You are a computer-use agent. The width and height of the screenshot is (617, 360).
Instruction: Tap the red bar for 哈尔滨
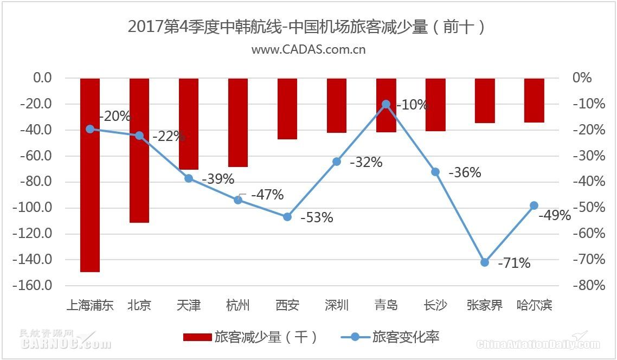(x=534, y=100)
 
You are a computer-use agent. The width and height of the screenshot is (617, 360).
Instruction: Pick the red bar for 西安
(x=287, y=108)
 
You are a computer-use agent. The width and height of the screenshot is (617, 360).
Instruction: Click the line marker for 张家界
(x=485, y=262)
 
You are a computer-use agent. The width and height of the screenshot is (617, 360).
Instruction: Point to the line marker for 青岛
(x=386, y=104)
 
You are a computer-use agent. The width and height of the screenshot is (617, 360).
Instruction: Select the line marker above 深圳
(x=337, y=162)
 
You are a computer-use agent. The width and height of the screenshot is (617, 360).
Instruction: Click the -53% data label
(x=317, y=218)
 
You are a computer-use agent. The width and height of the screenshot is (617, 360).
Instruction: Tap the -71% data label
(x=514, y=263)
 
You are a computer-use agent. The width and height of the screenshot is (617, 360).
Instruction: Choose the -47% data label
(x=267, y=195)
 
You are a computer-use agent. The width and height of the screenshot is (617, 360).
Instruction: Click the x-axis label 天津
(x=189, y=305)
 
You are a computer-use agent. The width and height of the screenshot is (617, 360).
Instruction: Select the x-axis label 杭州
(x=238, y=305)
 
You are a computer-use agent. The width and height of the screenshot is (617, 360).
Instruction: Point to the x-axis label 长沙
(x=435, y=305)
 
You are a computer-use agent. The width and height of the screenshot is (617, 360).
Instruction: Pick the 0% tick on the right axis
(x=582, y=78)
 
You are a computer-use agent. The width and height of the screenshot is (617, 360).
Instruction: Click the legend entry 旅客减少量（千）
(x=250, y=337)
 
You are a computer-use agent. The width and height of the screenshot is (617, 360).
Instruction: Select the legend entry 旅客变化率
(x=390, y=337)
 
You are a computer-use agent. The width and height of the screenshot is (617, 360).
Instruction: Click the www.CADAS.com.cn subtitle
(x=308, y=49)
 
